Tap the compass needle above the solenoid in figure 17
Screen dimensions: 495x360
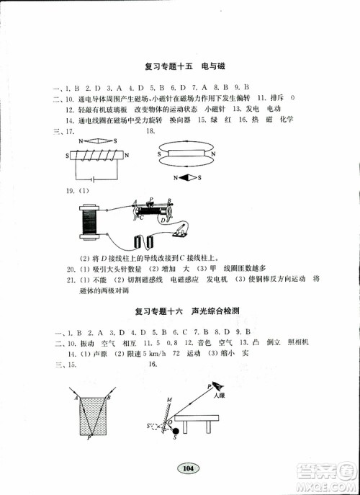[x=93, y=142]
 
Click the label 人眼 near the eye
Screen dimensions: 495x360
[x=216, y=394]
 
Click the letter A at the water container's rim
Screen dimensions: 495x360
[x=75, y=396]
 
